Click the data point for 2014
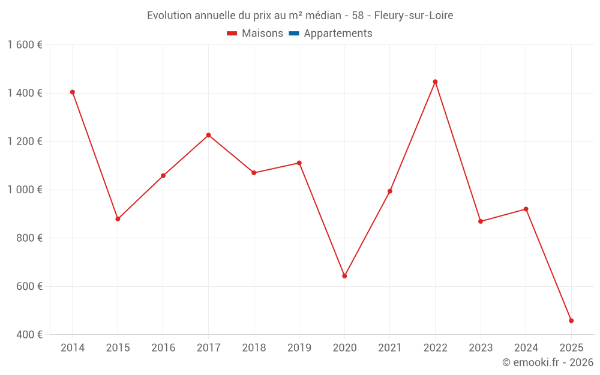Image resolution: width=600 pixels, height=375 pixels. [x=73, y=92]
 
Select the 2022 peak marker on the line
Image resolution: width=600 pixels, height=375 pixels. [x=435, y=82]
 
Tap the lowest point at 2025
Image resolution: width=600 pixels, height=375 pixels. [x=571, y=320]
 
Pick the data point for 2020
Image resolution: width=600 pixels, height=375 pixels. [x=344, y=276]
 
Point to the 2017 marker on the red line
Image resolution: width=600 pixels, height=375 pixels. [x=208, y=135]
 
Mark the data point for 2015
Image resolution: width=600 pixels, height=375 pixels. [x=118, y=219]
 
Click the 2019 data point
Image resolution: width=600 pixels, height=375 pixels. [x=299, y=163]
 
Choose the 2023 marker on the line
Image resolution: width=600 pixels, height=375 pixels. [x=481, y=221]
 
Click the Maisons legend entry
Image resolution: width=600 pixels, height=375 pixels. [x=262, y=34]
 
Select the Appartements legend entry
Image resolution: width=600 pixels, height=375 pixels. [x=338, y=34]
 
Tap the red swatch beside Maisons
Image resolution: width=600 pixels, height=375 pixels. [x=232, y=34]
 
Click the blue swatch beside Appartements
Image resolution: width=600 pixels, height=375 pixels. [x=294, y=34]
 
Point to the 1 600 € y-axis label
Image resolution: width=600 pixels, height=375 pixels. [x=25, y=45]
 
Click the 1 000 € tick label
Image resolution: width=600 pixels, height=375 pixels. [x=25, y=190]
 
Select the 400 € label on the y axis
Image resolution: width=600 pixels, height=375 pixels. [x=28, y=334]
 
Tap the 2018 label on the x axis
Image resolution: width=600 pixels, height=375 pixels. [x=254, y=347]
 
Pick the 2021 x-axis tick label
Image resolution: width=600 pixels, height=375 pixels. [x=390, y=347]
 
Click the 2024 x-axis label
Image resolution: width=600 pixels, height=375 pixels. [x=526, y=347]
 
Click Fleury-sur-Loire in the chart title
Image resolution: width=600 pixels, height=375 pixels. [x=413, y=16]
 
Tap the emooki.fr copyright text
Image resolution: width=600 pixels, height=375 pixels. [x=548, y=362]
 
